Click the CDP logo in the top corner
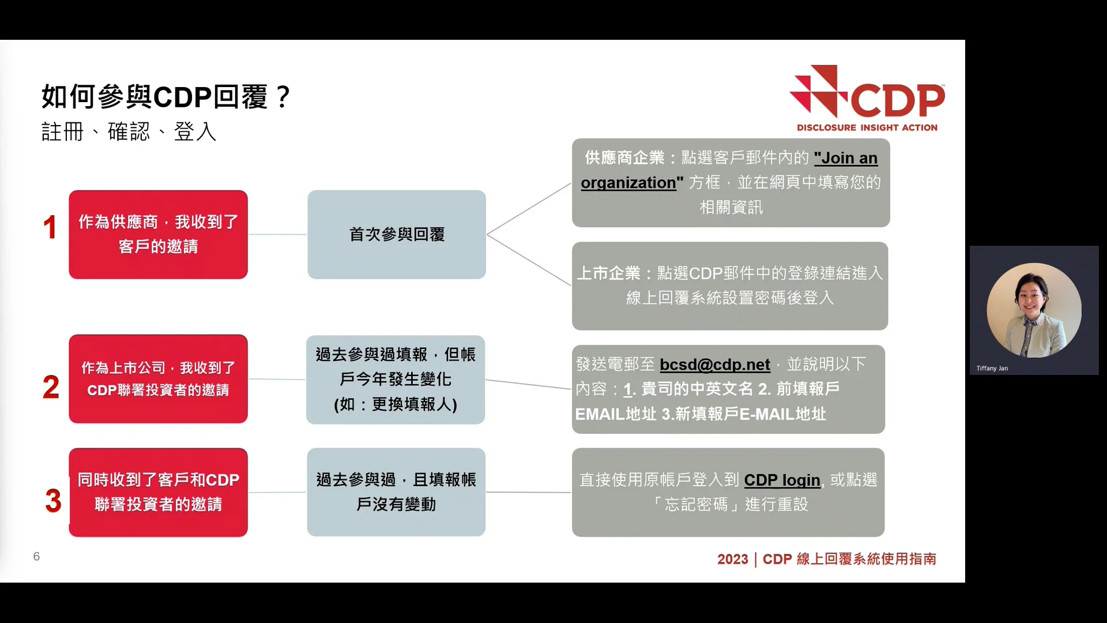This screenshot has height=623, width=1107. tap(867, 99)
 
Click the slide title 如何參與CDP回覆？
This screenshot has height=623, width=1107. tap(166, 96)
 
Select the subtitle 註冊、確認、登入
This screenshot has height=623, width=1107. tap(129, 132)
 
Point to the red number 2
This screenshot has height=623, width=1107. tap(51, 386)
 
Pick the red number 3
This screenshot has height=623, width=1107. tap(53, 500)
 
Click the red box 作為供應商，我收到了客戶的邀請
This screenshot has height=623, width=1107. tap(158, 234)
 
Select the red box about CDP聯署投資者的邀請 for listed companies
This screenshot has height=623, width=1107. tap(158, 379)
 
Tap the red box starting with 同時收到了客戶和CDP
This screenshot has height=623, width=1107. tap(158, 492)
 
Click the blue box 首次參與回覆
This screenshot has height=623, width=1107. tap(397, 234)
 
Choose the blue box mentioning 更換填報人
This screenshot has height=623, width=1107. tap(396, 380)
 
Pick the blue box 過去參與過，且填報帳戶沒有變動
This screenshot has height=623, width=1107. tap(396, 492)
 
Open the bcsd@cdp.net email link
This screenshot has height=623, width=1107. tap(714, 365)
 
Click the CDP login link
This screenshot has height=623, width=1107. tap(782, 480)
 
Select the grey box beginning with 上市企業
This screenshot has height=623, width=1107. tap(730, 286)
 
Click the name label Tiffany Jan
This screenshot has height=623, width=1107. tap(992, 368)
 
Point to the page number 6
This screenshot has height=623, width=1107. tap(36, 556)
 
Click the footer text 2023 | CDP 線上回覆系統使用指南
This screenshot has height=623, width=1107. tap(826, 559)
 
